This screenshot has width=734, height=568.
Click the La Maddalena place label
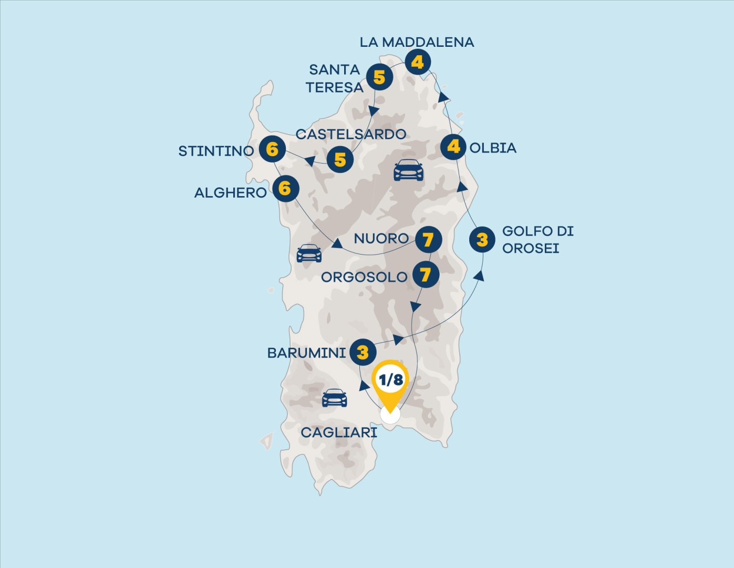pyautogui.click(x=417, y=42)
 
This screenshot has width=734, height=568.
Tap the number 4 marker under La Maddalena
pyautogui.click(x=417, y=62)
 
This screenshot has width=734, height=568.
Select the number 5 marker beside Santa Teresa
pyautogui.click(x=379, y=77)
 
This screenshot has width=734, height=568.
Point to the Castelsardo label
pyautogui.click(x=350, y=134)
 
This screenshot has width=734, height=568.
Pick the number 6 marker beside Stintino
pyautogui.click(x=272, y=150)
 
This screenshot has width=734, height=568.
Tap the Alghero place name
pyautogui.click(x=230, y=193)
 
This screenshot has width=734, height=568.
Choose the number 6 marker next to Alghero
pyautogui.click(x=285, y=188)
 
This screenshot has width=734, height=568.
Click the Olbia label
pyautogui.click(x=493, y=148)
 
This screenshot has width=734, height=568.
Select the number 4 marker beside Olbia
pyautogui.click(x=453, y=147)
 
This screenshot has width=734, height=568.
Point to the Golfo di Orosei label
pyautogui.click(x=537, y=239)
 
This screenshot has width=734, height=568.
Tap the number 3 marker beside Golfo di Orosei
pyautogui.click(x=482, y=240)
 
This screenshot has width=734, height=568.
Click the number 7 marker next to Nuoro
pyautogui.click(x=428, y=240)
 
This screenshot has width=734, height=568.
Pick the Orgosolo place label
pyautogui.click(x=364, y=277)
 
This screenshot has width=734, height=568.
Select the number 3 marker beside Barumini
pyautogui.click(x=363, y=352)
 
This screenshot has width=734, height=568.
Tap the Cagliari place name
pyautogui.click(x=339, y=432)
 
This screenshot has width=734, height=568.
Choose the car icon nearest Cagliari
pyautogui.click(x=335, y=398)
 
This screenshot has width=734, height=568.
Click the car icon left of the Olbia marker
pyautogui.click(x=408, y=170)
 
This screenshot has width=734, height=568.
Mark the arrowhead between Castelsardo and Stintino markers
pyautogui.click(x=310, y=160)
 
